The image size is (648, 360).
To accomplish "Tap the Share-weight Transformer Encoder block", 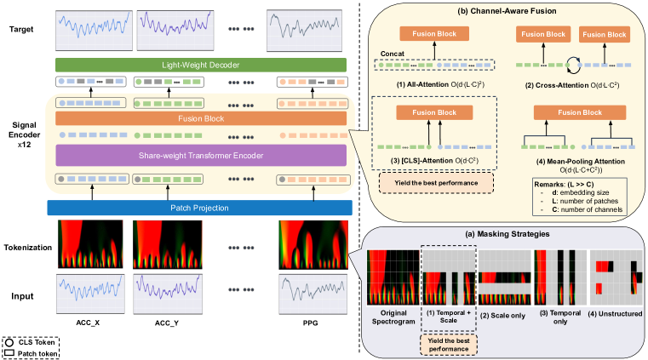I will pyautogui.click(x=201, y=155).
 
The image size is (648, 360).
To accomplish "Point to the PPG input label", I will pyautogui.click(x=312, y=323).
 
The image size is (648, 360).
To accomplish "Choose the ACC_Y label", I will pyautogui.click(x=167, y=323).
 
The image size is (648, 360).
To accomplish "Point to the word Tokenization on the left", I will pyautogui.click(x=28, y=247).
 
